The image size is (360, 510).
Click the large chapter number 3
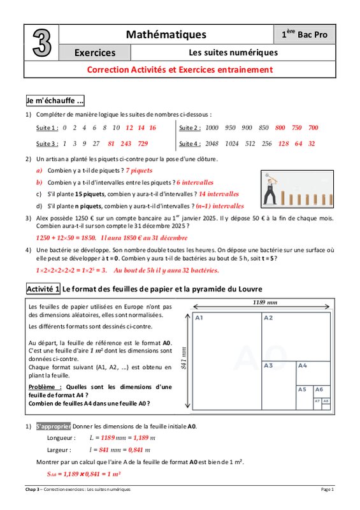pyautogui.click(x=42, y=43)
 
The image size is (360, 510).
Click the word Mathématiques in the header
pyautogui.click(x=166, y=34)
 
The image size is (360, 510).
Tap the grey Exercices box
pyautogui.click(x=95, y=52)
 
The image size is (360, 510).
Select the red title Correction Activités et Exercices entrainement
pyautogui.click(x=180, y=69)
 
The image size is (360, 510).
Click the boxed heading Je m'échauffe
pyautogui.click(x=55, y=101)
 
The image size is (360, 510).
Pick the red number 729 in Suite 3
pyautogui.click(x=143, y=143)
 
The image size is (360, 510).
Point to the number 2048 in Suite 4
pyautogui.click(x=212, y=143)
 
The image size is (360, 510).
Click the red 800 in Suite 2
pyautogui.click(x=280, y=127)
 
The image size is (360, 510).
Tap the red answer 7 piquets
pyautogui.click(x=139, y=170)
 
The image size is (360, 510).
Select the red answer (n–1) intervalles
pyautogui.click(x=220, y=206)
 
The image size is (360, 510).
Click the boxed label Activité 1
pyautogui.click(x=43, y=289)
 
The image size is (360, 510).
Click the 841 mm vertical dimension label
pyautogui.click(x=184, y=358)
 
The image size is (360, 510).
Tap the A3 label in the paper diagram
pyautogui.click(x=268, y=365)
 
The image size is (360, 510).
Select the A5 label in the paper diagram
pyautogui.click(x=302, y=390)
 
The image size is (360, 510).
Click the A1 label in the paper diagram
pyautogui.click(x=199, y=317)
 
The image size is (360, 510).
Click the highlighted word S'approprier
pyautogui.click(x=54, y=426)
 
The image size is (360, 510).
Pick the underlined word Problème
pyautogui.click(x=41, y=387)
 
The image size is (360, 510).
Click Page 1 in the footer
pyautogui.click(x=327, y=489)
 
